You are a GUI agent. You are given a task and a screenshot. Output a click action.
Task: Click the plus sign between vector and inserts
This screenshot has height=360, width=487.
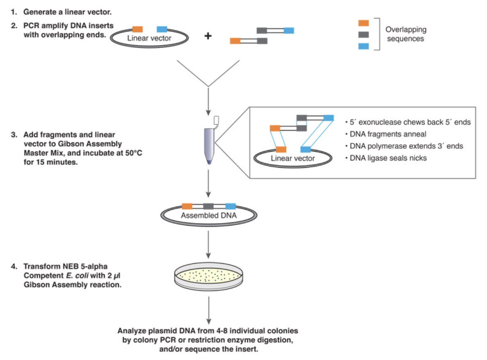(x=208, y=36)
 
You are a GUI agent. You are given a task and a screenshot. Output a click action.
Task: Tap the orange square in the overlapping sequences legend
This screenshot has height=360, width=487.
(x=363, y=23)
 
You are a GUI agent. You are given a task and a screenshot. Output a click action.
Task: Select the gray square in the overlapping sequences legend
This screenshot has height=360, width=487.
(x=363, y=35)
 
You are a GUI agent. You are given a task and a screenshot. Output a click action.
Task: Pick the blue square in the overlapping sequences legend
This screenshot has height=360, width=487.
(x=363, y=46)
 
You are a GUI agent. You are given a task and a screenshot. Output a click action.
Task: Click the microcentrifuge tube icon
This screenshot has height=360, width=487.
(x=209, y=144)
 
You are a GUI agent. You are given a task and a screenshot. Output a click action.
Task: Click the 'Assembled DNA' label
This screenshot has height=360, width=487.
(x=209, y=215)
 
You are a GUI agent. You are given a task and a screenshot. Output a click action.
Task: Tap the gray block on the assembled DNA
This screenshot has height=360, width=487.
(x=209, y=206)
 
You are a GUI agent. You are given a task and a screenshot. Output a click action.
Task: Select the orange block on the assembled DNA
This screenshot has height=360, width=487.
(x=187, y=206)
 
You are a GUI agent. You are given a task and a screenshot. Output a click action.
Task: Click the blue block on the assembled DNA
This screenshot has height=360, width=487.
(x=231, y=206)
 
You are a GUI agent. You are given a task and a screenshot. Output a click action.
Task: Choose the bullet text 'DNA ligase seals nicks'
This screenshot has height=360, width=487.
(x=388, y=158)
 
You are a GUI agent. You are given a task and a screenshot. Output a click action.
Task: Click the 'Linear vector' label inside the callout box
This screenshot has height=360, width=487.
(x=293, y=158)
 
